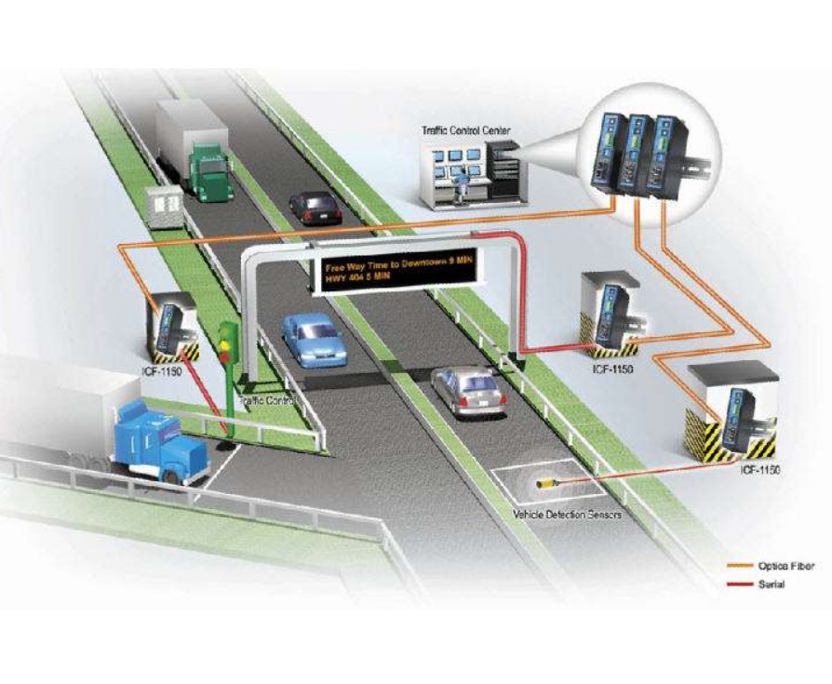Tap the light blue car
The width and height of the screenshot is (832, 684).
tap(314, 338)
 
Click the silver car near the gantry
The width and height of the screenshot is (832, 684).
tap(470, 389)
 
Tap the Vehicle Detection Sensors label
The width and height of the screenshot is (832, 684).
tap(567, 514)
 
